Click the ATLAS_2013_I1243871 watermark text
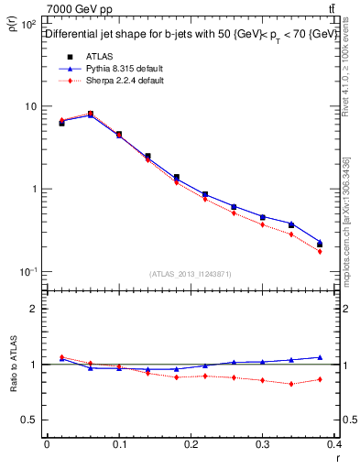(x=191, y=274)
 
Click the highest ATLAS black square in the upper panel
(x=91, y=114)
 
